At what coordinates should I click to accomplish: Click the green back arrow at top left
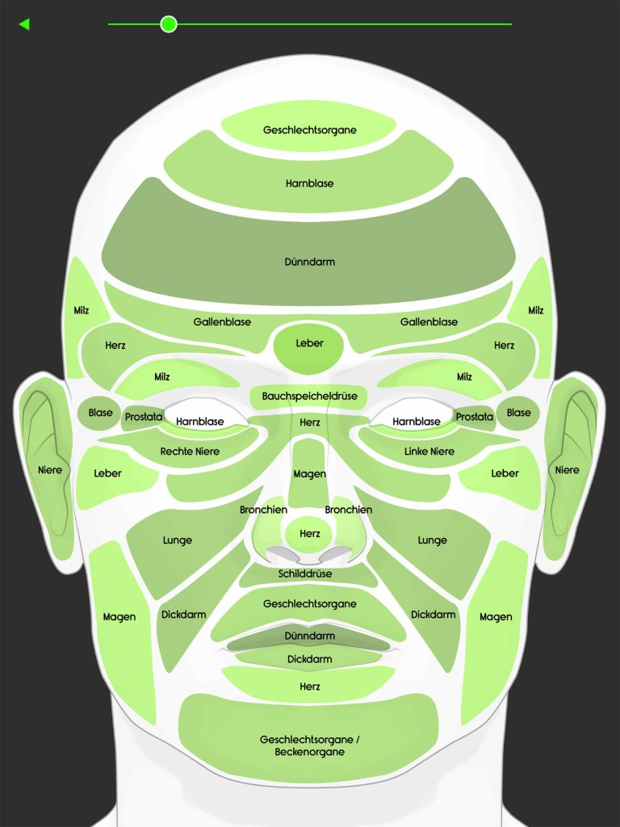pyautogui.click(x=24, y=24)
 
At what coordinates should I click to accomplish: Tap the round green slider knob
pyautogui.click(x=168, y=24)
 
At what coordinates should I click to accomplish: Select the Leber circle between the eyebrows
pyautogui.click(x=309, y=343)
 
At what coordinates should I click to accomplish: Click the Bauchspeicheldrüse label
pyautogui.click(x=309, y=397)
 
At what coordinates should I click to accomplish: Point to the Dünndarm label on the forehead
pyautogui.click(x=309, y=262)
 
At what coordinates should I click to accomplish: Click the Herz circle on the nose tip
pyautogui.click(x=309, y=534)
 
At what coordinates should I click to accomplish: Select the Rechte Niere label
pyautogui.click(x=190, y=451)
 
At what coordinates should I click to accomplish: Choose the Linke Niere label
pyautogui.click(x=429, y=451)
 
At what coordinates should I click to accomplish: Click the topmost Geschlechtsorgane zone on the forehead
pyautogui.click(x=309, y=130)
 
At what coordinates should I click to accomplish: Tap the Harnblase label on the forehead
pyautogui.click(x=309, y=183)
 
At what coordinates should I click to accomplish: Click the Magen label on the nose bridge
pyautogui.click(x=309, y=474)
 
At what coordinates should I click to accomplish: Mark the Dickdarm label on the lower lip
pyautogui.click(x=309, y=659)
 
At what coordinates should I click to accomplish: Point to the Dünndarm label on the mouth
pyautogui.click(x=309, y=636)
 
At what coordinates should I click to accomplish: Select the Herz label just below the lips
pyautogui.click(x=309, y=686)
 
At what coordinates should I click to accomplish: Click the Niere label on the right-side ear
pyautogui.click(x=567, y=470)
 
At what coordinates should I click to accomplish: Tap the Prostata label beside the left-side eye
pyautogui.click(x=144, y=418)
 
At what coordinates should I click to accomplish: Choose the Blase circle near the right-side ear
pyautogui.click(x=518, y=413)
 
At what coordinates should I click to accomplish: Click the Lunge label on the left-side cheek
pyautogui.click(x=178, y=540)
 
